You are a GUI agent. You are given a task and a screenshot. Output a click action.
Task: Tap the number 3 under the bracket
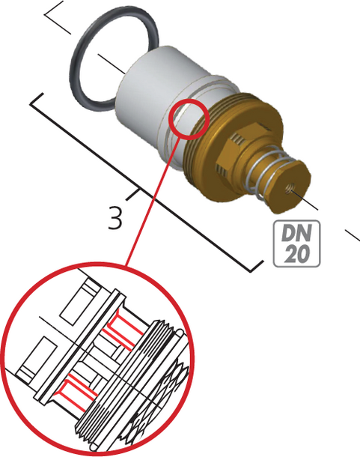115,217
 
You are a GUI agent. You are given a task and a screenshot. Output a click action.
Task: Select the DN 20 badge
296,243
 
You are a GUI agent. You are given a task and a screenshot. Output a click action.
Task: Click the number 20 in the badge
296,254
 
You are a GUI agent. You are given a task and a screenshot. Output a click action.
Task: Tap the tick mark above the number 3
132,195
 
